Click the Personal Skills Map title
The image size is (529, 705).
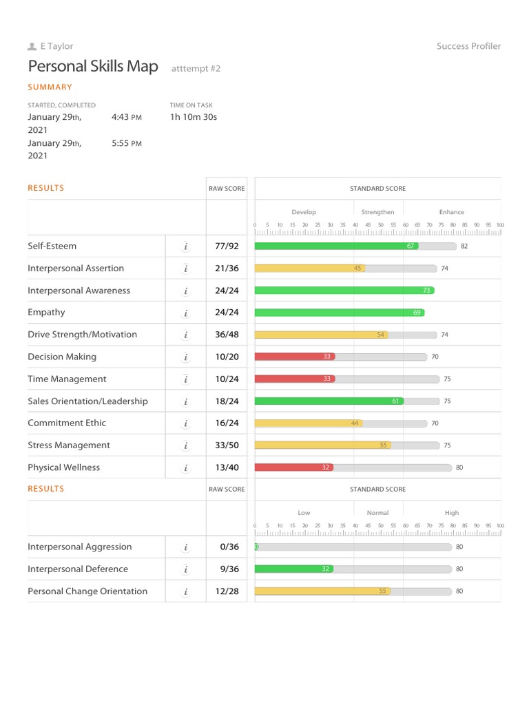(x=93, y=67)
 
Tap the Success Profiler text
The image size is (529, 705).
(x=468, y=46)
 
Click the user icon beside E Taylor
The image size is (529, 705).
(x=32, y=46)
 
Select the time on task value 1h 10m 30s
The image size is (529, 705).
(x=193, y=117)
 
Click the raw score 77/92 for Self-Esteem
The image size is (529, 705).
(x=227, y=246)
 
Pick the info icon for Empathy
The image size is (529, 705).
(x=185, y=313)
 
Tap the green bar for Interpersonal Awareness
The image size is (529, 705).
(x=344, y=291)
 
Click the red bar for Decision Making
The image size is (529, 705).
(x=294, y=357)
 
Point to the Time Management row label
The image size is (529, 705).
(x=67, y=379)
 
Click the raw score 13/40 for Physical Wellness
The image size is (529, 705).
(x=227, y=467)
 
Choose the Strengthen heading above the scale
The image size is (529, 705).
(x=377, y=212)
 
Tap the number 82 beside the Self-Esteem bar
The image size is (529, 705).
(x=464, y=246)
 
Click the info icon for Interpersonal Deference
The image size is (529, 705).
(x=185, y=569)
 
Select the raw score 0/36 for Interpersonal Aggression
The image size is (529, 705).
(x=229, y=547)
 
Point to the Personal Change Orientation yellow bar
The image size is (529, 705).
(x=322, y=591)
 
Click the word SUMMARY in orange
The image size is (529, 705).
(x=50, y=87)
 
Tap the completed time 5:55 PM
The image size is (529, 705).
(x=127, y=143)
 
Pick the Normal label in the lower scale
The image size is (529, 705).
(x=377, y=513)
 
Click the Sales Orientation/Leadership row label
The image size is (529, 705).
(x=87, y=401)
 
